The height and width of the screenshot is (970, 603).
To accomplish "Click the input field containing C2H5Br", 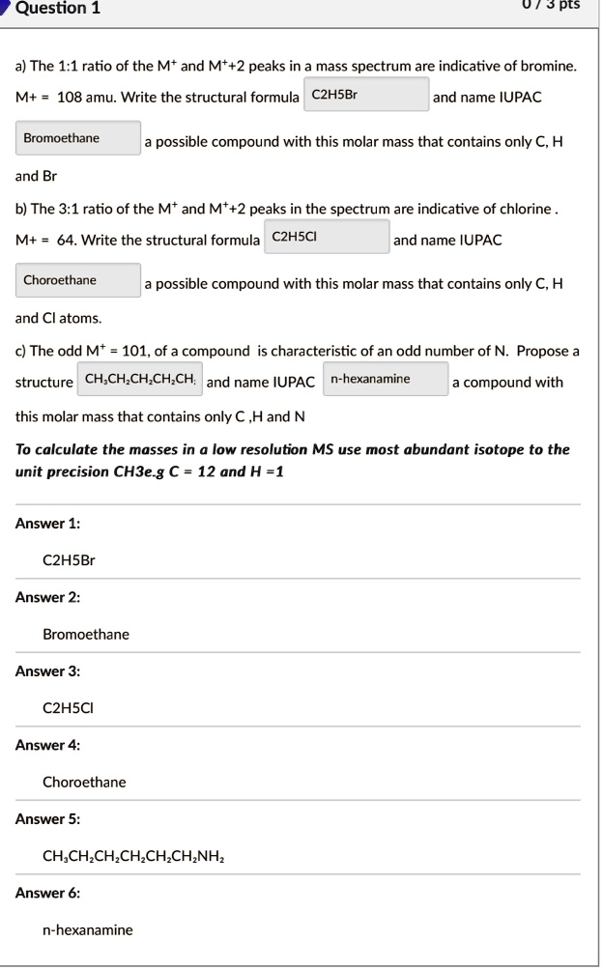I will coord(366,97).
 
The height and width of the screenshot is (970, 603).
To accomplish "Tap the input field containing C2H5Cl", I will coord(327,238).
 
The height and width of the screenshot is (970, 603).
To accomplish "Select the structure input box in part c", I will coord(139,380).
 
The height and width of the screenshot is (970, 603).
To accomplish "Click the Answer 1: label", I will coord(47,524).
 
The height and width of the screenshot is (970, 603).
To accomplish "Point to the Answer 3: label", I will coord(47,671).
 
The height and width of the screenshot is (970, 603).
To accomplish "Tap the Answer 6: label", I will coord(47,894).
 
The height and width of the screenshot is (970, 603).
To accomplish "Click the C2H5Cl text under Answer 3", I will coord(69,708).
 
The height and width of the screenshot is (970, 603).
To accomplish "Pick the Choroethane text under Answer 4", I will coord(84,782).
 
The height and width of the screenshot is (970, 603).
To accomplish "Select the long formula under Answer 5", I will coord(135,856).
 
